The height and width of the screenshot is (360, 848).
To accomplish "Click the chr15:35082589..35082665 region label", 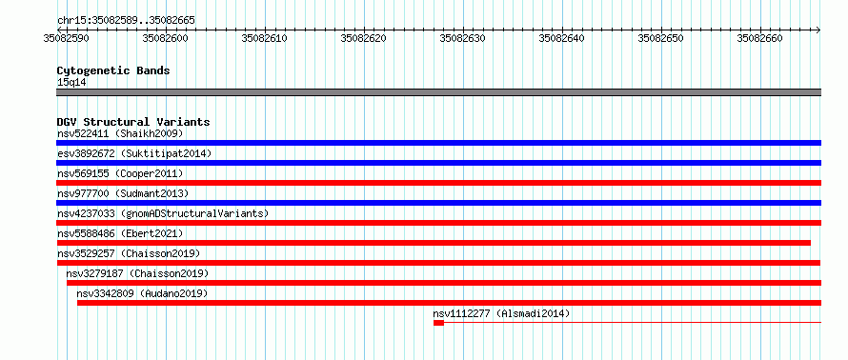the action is point(126,21).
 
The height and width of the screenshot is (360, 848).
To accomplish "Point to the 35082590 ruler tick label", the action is point(66,38).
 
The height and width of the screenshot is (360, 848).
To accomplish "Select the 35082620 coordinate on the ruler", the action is point(363,38).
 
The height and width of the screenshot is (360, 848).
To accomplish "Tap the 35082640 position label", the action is point(562,38).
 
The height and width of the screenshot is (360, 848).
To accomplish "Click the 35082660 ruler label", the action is point(760,38).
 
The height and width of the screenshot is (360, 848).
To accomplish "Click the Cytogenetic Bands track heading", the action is point(113,70).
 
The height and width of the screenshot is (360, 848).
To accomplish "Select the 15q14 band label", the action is point(71,83).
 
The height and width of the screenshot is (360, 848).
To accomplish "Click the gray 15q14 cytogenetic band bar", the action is point(438,92).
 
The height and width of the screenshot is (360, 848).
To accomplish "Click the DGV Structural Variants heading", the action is point(133,122).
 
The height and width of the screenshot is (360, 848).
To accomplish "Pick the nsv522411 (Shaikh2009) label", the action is point(120,133).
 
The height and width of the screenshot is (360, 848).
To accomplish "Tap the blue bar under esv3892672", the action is point(438,163).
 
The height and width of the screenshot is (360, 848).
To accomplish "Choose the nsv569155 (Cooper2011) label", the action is point(120,173).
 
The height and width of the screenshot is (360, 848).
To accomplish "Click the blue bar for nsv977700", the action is point(438,203).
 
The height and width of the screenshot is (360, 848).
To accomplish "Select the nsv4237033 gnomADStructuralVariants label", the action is point(163,213).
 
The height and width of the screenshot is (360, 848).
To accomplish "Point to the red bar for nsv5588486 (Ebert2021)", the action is point(434,243).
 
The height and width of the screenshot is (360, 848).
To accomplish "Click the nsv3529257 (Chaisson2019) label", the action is point(129,253).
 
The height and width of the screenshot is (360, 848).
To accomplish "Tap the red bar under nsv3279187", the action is point(444,283).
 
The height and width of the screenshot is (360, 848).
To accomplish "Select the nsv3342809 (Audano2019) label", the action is point(142,293).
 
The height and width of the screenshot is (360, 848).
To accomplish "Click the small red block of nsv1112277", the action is point(438,323).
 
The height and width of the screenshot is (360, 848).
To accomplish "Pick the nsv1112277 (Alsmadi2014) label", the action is point(501,313).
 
